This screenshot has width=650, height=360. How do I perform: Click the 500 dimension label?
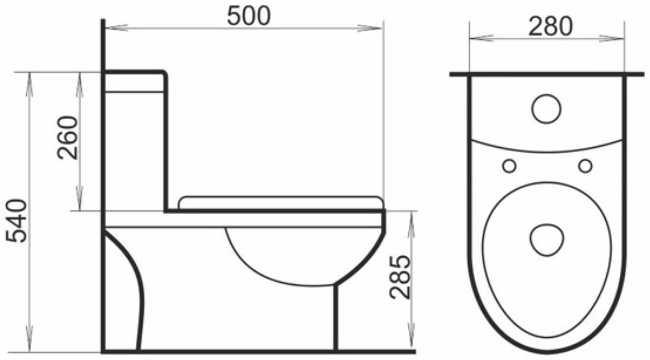(x=248, y=16)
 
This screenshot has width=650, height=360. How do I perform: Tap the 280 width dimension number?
(x=550, y=26)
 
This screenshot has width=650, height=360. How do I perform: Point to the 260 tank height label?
(x=68, y=137)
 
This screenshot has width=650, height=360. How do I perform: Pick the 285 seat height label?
(x=400, y=277)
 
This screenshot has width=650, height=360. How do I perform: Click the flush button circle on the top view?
(x=546, y=108)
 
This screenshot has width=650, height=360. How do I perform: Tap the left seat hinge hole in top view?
(x=509, y=166)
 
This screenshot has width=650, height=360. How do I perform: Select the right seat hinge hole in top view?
(x=585, y=166)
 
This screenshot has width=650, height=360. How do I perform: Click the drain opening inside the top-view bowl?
(x=546, y=240)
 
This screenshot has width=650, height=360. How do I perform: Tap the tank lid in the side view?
(x=134, y=81)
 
